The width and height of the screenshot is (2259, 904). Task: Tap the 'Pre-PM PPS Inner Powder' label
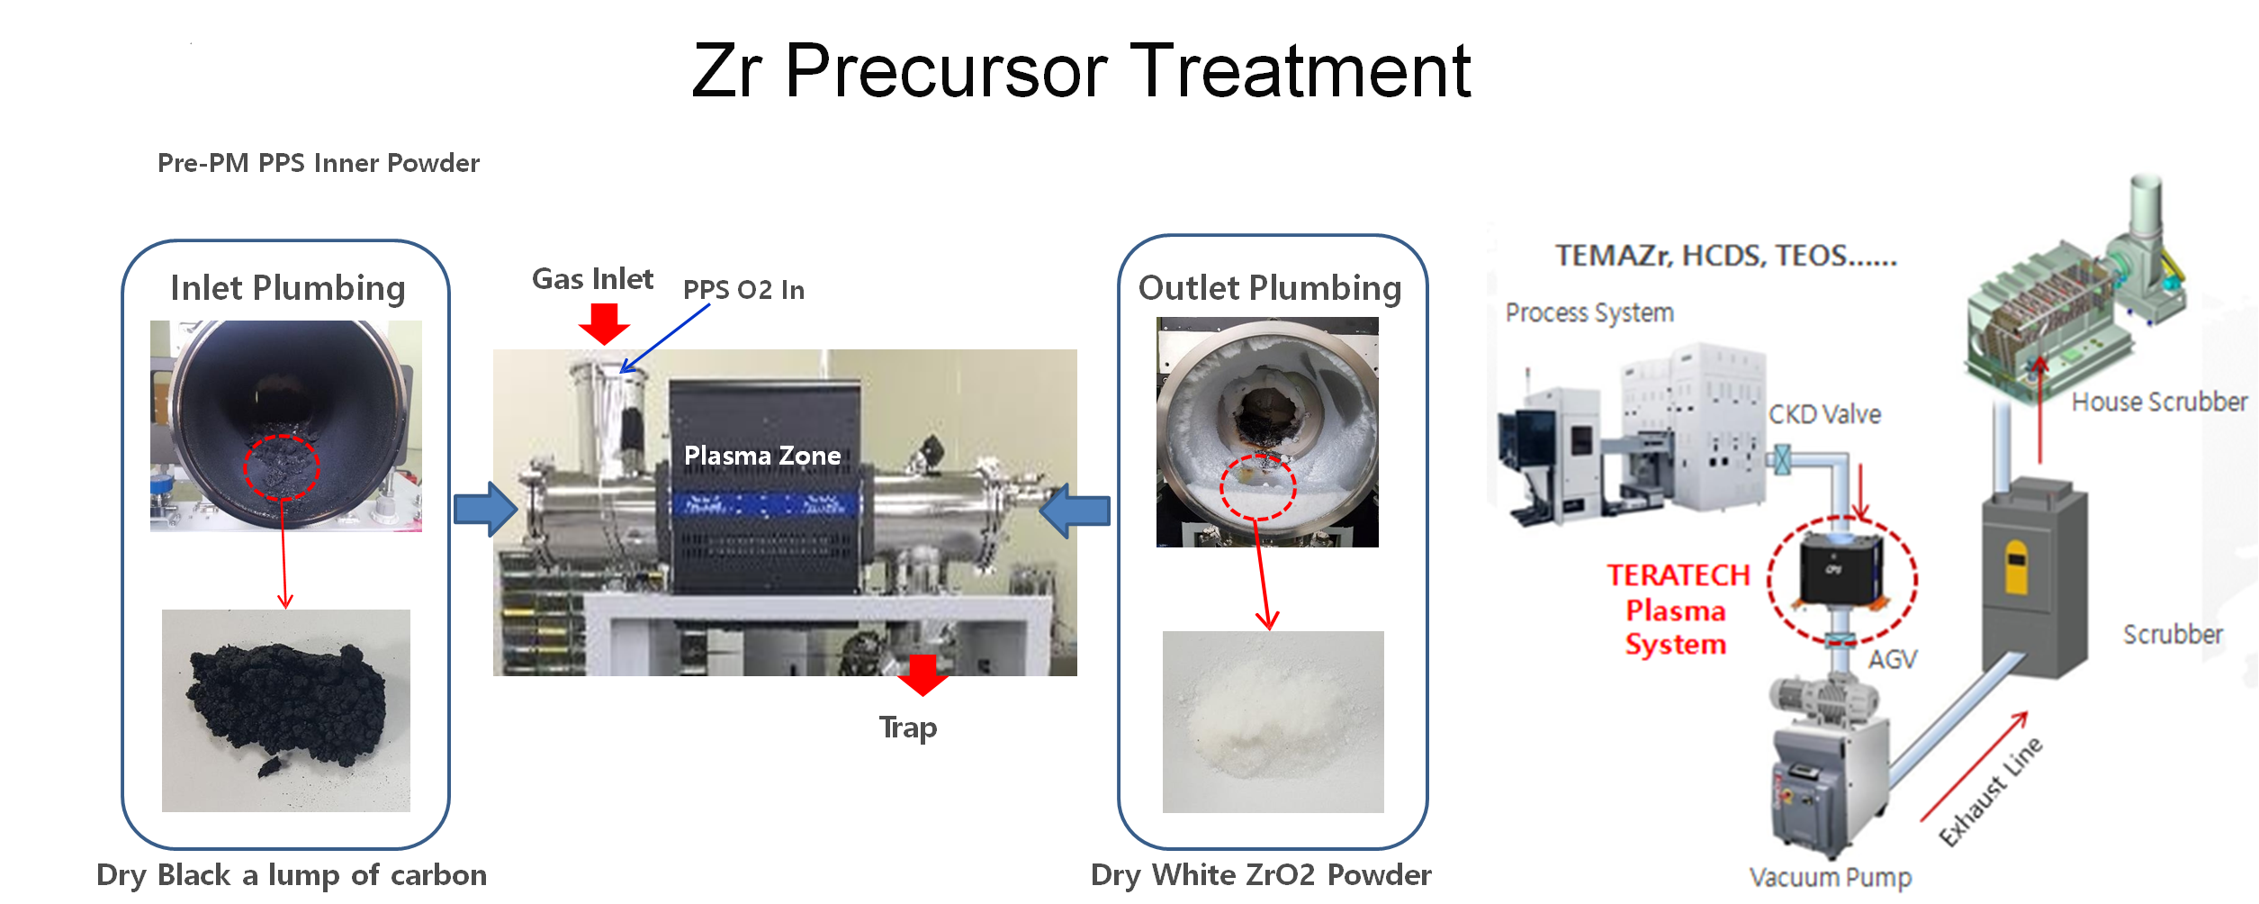point(319,163)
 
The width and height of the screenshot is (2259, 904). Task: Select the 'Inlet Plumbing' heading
point(288,288)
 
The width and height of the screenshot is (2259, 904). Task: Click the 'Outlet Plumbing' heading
point(1270,288)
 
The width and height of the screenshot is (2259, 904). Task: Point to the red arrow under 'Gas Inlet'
point(604,323)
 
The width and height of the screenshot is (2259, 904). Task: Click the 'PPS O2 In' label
point(743,290)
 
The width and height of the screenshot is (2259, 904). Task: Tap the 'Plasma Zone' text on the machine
point(762,456)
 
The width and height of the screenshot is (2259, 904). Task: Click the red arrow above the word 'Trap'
point(922,675)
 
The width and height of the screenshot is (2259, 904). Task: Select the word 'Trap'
point(908,728)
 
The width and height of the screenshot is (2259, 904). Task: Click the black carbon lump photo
point(286,710)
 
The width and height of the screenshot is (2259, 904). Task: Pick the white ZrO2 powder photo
point(1273,722)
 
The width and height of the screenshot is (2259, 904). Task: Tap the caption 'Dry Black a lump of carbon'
point(292,875)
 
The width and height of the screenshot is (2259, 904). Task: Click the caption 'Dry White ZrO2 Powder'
point(1261,875)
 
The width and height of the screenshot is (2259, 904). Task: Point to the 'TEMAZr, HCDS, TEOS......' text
point(1726,256)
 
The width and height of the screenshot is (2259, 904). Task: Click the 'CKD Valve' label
point(1824,414)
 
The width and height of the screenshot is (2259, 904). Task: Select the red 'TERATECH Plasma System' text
point(1678,610)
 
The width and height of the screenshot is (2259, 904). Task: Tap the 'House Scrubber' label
point(2159,402)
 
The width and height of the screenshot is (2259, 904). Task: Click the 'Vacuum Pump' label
point(1831,877)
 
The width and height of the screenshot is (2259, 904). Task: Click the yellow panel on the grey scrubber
point(2017,566)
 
